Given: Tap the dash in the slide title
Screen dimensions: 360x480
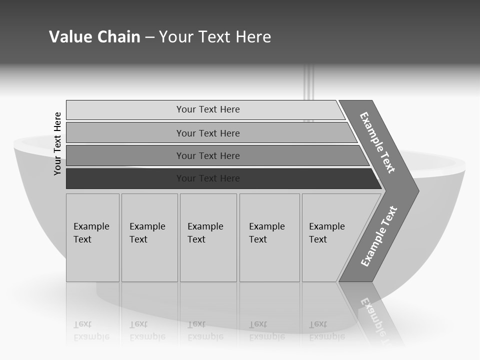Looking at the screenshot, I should pos(149,37).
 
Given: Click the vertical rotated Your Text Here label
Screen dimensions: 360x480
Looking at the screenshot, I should pos(57,143).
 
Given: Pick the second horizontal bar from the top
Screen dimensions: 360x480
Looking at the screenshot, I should pos(207,133).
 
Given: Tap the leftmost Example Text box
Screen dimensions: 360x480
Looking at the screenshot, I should pos(92,237).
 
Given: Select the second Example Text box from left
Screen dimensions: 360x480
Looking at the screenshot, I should pos(149,237).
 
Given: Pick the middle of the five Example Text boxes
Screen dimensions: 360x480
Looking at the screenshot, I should pos(208,237).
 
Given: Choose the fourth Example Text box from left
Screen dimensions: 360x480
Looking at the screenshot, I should pos(269,237).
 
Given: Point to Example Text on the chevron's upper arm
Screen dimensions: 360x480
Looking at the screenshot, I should pos(377,142).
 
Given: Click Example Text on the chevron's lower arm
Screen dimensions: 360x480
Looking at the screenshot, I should pos(378,236).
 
